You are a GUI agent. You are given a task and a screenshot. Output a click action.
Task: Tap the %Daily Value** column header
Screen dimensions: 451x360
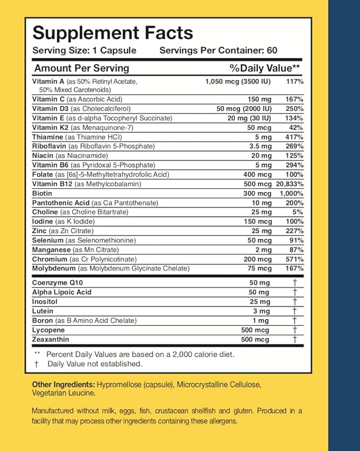tap(265, 68)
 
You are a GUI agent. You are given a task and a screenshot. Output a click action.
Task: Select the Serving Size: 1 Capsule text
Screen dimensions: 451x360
tap(85, 51)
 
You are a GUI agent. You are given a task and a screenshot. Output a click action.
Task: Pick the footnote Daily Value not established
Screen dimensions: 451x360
tap(94, 364)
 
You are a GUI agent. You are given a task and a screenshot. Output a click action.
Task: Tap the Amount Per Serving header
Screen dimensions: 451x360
tap(82, 68)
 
